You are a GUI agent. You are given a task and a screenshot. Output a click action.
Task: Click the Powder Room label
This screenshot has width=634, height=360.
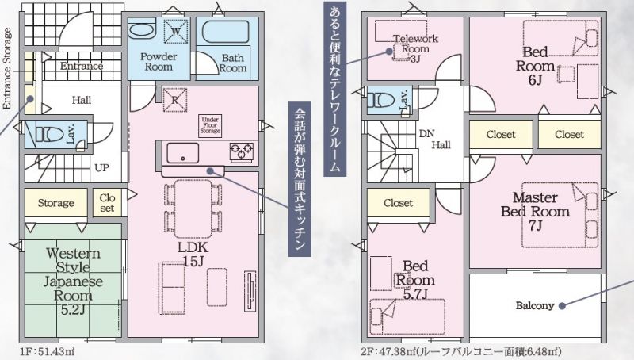[x=158, y=62]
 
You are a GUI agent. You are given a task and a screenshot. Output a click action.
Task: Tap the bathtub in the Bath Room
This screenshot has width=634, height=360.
[x=225, y=32]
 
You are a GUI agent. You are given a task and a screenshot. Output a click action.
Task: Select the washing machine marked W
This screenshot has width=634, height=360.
[x=176, y=31]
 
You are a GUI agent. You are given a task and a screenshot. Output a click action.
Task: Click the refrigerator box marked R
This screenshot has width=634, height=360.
[x=175, y=100]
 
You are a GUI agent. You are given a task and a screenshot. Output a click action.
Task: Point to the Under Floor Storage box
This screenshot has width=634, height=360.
[x=210, y=125]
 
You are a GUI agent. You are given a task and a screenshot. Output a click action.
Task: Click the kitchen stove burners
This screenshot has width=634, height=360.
[x=242, y=151]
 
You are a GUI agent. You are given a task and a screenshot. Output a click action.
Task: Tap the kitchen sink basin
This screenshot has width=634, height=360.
[x=183, y=153]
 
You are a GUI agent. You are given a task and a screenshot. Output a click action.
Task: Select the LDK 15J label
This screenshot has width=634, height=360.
[x=193, y=254]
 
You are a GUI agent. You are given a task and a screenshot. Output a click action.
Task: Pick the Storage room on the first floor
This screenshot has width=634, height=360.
[x=55, y=203]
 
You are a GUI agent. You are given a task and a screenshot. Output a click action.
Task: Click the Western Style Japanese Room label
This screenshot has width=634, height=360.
[x=73, y=281]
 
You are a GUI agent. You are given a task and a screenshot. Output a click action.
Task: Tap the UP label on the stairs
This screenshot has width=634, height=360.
[x=102, y=167]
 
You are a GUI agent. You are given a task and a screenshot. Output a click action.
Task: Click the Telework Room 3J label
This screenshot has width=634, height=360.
[x=415, y=49]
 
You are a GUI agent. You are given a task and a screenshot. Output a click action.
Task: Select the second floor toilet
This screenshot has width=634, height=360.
[x=380, y=99]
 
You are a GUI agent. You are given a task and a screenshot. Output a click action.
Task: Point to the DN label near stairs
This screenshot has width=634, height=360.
[x=426, y=133]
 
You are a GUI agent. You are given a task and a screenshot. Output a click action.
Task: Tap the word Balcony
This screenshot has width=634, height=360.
[x=534, y=305]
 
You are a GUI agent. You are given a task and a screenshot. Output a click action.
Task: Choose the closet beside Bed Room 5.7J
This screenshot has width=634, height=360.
[x=399, y=203]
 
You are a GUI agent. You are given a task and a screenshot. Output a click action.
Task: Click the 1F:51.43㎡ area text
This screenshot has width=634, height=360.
[x=47, y=351]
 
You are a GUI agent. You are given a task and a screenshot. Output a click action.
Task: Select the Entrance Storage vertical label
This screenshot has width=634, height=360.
[x=7, y=69]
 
